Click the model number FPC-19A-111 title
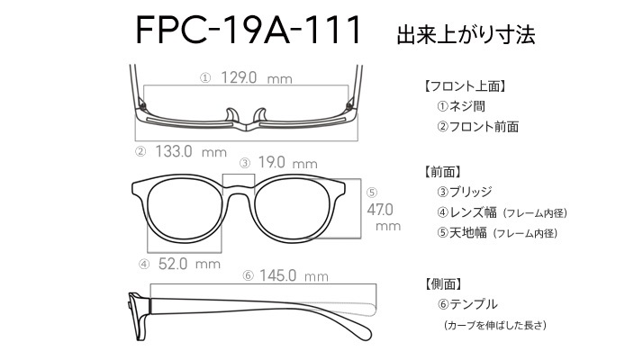tap(248, 30)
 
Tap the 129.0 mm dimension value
tap(257, 77)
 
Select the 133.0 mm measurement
tap(191, 152)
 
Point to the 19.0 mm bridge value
tap(288, 163)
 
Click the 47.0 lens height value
tap(380, 210)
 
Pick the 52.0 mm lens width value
tap(189, 264)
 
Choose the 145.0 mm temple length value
tap(294, 275)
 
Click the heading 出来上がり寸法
tap(466, 34)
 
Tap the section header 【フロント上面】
tap(464, 86)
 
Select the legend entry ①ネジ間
tap(461, 106)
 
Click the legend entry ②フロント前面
tap(477, 127)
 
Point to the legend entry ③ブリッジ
tap(464, 192)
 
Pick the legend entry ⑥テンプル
tap(467, 304)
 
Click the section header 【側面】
tap(443, 283)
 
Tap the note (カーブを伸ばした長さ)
tap(495, 325)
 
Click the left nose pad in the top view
tap(232, 115)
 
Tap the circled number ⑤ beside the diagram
tap(372, 193)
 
